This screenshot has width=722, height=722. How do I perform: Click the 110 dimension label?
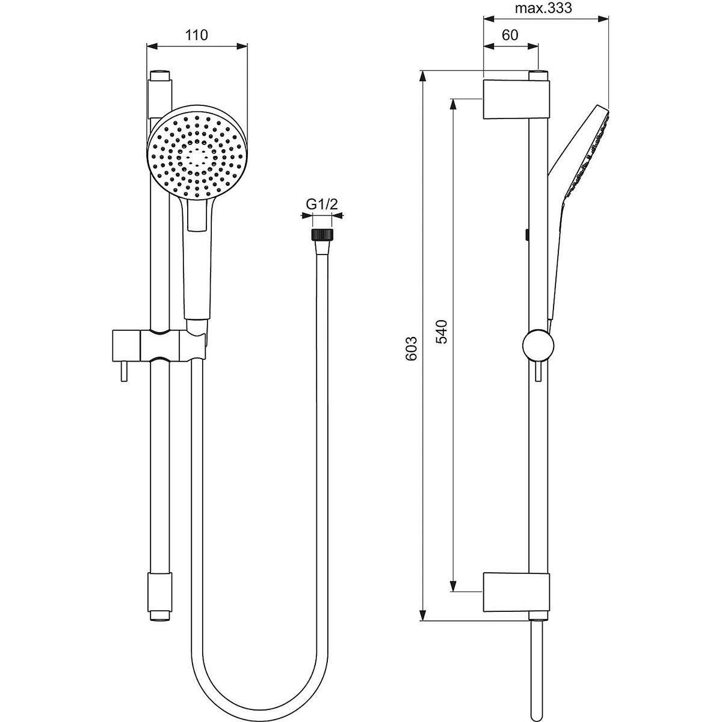[x=196, y=35]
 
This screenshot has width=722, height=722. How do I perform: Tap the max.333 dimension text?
[x=543, y=8]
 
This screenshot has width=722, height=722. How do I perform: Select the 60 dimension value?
[x=510, y=35]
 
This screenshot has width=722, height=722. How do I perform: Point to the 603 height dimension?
[x=412, y=348]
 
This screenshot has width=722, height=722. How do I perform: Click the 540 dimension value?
[x=442, y=332]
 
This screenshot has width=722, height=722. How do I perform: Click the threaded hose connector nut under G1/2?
[x=321, y=234]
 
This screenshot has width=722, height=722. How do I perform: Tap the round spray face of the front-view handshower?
[x=197, y=154]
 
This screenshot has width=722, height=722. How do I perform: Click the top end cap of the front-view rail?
[x=160, y=77]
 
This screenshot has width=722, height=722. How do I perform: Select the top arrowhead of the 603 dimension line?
[x=424, y=76]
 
